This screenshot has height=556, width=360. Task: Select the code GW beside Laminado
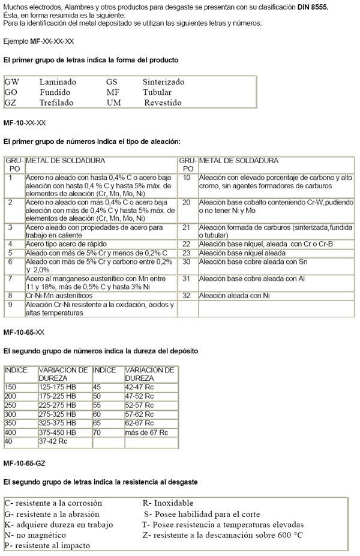pos(11,82)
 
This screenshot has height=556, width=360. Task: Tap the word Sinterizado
pos(163,82)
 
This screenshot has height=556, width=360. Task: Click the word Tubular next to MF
pos(157,92)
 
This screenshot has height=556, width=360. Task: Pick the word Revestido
pos(163,103)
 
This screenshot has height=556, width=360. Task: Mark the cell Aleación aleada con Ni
pos(235,296)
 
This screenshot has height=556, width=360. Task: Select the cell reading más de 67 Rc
pos(146,432)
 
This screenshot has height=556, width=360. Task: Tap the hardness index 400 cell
pos(11,432)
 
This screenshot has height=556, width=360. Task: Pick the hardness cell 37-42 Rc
pos(53,441)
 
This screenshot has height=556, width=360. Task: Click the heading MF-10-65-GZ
pos(24,464)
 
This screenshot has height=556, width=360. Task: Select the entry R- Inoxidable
pos(167,503)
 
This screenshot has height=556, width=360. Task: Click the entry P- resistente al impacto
pos(47,546)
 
